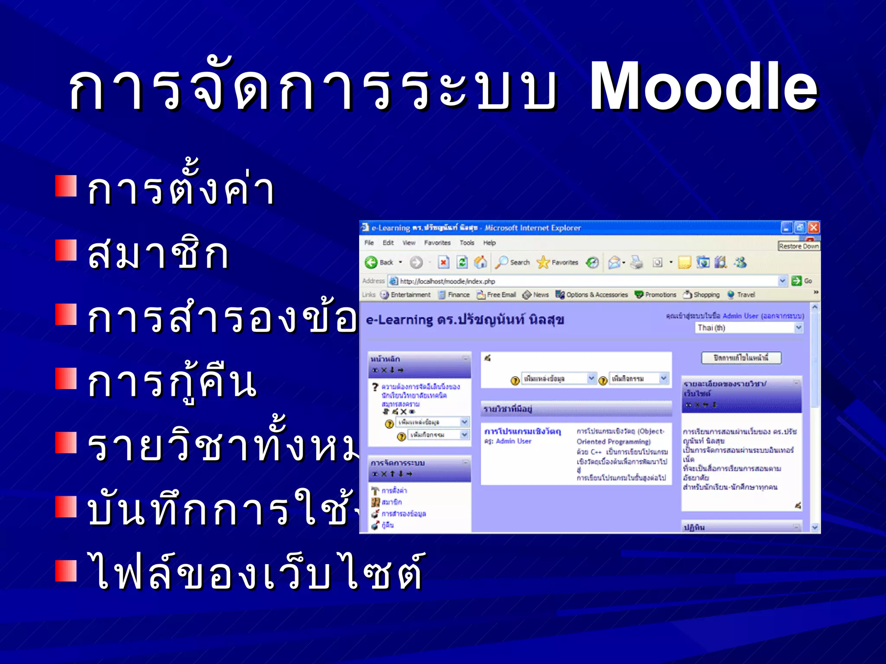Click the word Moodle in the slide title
(x=703, y=86)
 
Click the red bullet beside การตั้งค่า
(x=66, y=186)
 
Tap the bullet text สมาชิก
(x=158, y=254)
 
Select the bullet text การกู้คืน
(x=172, y=383)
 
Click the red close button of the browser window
(x=814, y=227)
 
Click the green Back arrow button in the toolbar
(x=371, y=262)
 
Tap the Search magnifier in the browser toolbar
(x=502, y=262)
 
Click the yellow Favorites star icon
(x=543, y=262)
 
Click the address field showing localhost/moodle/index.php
(x=584, y=281)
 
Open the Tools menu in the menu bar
(x=467, y=243)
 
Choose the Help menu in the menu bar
(x=489, y=243)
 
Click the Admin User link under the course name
(x=514, y=441)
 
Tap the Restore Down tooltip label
(x=799, y=246)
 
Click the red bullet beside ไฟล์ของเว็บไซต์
(x=66, y=571)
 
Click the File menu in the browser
(x=369, y=243)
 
